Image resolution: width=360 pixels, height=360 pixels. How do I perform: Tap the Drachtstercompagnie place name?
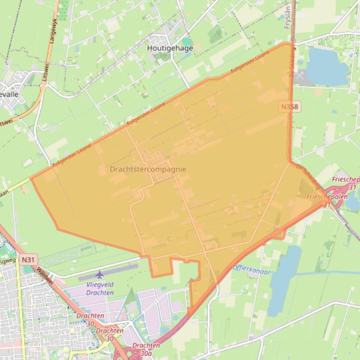148,169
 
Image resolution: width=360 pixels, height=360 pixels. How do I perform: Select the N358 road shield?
289,107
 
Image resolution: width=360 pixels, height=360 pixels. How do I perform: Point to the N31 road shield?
28,259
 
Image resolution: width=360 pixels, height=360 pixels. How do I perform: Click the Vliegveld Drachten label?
100,289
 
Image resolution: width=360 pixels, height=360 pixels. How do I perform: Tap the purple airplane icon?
99,274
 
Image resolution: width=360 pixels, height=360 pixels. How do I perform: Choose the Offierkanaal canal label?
251,269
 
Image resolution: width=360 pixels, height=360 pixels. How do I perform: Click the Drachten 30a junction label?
145,349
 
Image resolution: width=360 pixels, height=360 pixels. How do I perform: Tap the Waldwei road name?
45,276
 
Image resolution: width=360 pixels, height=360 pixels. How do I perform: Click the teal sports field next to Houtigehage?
187,42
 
